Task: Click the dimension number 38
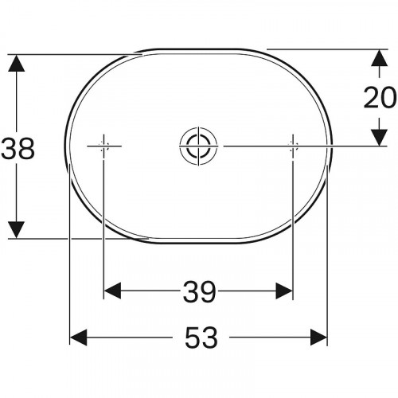[x=18, y=149]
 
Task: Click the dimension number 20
[x=380, y=97]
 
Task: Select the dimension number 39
[x=200, y=292]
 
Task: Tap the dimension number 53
[x=201, y=338]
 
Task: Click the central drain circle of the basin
[x=198, y=146]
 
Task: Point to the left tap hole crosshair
[x=104, y=146]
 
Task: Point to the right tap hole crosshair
[x=293, y=146]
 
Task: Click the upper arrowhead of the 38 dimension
[x=17, y=63]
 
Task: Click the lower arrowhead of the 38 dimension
[x=17, y=230]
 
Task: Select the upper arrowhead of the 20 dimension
[x=380, y=58]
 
